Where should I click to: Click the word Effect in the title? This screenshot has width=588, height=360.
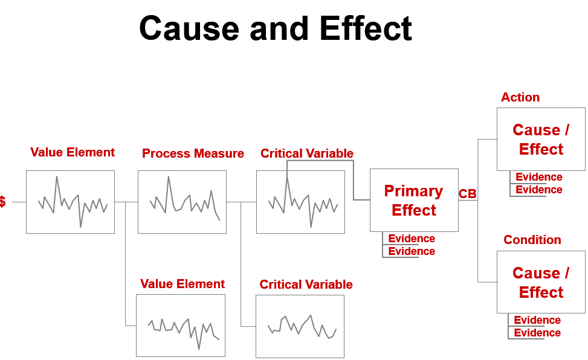[x=365, y=28]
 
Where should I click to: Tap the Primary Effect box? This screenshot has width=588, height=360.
[x=413, y=200]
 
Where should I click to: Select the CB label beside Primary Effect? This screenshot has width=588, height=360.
[x=467, y=194]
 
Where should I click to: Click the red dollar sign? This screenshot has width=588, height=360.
[x=3, y=202]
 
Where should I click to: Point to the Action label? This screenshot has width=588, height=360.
[x=520, y=97]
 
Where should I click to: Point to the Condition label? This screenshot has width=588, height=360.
[x=532, y=240]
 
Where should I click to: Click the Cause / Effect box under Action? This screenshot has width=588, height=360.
[x=540, y=139]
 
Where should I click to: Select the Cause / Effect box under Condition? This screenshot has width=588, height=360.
[x=540, y=282]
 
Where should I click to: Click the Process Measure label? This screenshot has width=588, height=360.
[x=193, y=153]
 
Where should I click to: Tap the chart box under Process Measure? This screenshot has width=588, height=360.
[x=182, y=202]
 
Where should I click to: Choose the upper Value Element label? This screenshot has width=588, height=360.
[x=73, y=152]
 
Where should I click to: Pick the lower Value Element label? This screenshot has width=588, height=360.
[x=182, y=284]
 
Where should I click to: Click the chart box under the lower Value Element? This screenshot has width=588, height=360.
[x=180, y=325]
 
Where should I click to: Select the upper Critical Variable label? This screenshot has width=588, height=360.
[x=306, y=153]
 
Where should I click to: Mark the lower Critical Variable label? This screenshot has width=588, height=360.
[x=306, y=284]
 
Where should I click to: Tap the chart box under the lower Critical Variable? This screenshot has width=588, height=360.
[x=300, y=326]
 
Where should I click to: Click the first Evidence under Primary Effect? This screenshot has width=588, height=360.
[x=411, y=239]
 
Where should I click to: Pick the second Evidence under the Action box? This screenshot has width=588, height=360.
[x=538, y=190]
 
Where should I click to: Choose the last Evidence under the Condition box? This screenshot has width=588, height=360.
[x=537, y=333]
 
